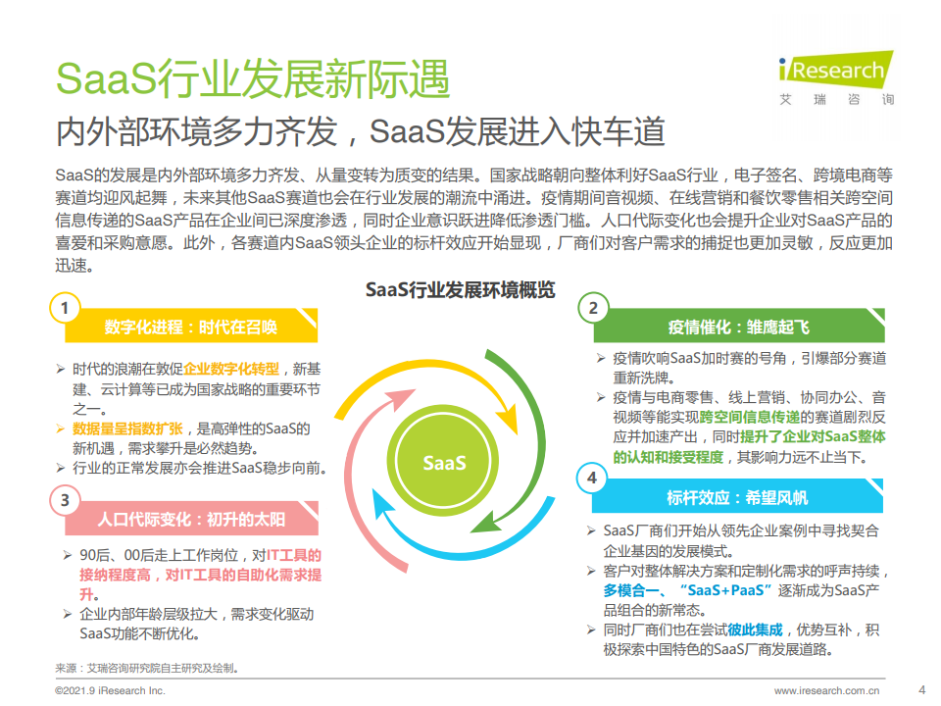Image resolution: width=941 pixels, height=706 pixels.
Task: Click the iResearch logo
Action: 836,78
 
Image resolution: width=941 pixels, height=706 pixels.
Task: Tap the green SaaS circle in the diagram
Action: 443,462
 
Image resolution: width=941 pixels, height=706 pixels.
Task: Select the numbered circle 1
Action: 65,309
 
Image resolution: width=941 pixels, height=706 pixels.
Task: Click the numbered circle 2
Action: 593,308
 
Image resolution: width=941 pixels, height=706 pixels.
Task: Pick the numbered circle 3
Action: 65,501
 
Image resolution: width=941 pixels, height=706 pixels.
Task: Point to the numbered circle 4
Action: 592,478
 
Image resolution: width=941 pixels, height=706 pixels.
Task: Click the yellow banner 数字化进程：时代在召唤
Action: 191,326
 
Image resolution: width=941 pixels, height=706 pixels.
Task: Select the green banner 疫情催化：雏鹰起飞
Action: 739,326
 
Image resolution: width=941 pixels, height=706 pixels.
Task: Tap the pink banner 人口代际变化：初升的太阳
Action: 191,519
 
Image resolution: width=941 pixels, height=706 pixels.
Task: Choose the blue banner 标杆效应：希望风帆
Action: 737,496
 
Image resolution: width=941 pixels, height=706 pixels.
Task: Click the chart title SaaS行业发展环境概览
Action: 461,290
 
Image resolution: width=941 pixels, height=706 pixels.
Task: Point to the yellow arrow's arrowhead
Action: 507,418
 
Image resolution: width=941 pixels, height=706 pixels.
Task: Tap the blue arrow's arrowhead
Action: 381,504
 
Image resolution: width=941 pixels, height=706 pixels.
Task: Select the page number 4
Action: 922,689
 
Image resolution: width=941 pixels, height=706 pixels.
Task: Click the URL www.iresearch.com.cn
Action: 826,690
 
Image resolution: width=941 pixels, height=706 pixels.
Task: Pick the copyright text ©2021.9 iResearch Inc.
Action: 110,690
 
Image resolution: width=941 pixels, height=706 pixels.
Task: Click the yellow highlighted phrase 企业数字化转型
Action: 231,369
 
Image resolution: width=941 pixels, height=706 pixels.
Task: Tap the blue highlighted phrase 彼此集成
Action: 755,630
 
